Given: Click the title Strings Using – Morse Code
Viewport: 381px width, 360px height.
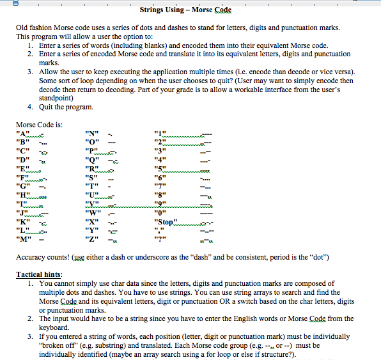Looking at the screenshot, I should [185, 10].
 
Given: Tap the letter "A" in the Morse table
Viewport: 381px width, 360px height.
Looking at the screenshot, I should [23, 133].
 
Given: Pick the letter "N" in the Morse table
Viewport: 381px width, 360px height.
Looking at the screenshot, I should [93, 133].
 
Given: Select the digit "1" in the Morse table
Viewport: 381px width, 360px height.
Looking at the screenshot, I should [160, 133].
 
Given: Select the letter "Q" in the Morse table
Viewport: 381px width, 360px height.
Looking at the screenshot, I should [93, 160].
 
